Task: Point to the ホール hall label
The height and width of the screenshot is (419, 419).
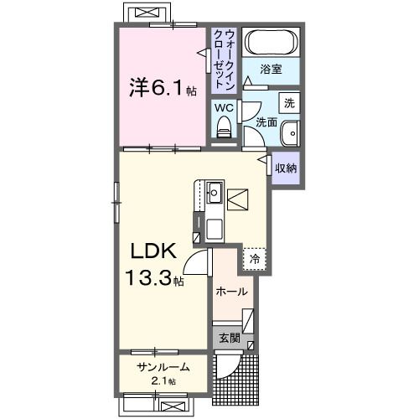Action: (x=231, y=292)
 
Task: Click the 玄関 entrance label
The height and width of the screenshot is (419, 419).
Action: (x=230, y=339)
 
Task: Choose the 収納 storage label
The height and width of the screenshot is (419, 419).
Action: (x=286, y=168)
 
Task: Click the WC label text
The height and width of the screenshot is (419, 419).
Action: (x=223, y=108)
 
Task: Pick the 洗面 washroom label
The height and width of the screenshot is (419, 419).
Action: (x=266, y=122)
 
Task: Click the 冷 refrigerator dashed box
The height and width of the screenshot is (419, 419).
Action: (x=254, y=259)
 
